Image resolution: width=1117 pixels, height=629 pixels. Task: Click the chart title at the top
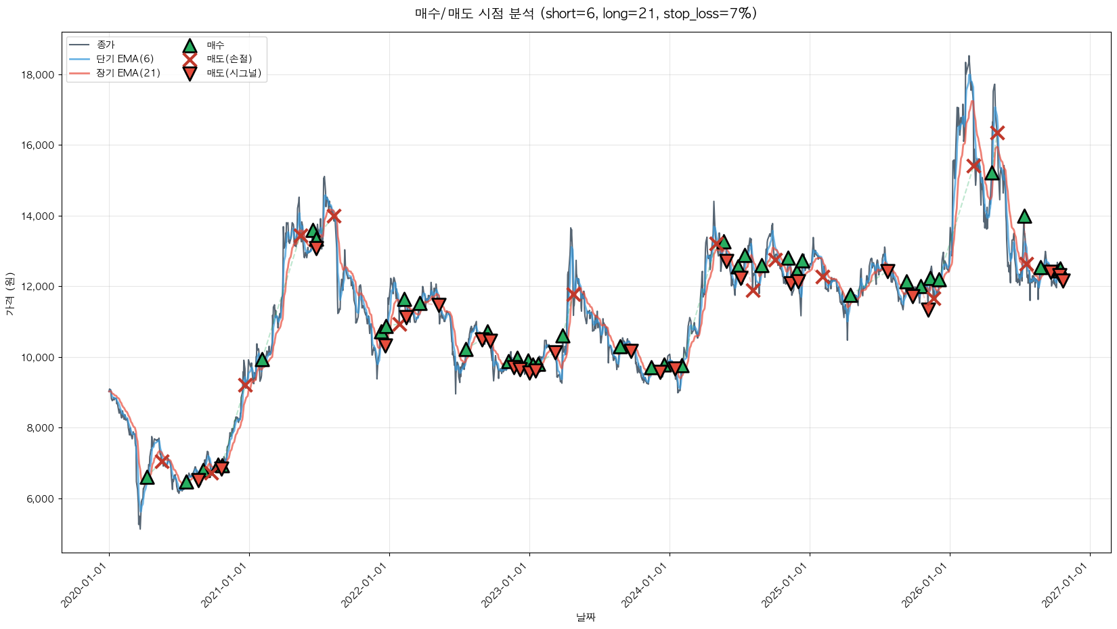click(x=586, y=14)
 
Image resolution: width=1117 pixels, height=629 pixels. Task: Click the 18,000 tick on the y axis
click(x=38, y=74)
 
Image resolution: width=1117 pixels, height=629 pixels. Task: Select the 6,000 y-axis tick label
click(x=41, y=498)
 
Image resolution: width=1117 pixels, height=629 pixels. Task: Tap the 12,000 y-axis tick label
click(x=38, y=287)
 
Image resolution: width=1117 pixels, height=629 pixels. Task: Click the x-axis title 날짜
click(x=586, y=618)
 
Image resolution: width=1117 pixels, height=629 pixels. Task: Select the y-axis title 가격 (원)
click(x=10, y=294)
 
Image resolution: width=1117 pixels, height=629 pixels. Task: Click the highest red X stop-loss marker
click(x=996, y=133)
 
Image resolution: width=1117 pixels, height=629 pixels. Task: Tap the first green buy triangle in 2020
click(x=147, y=477)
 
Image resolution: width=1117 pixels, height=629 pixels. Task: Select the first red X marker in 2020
click(x=162, y=461)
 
